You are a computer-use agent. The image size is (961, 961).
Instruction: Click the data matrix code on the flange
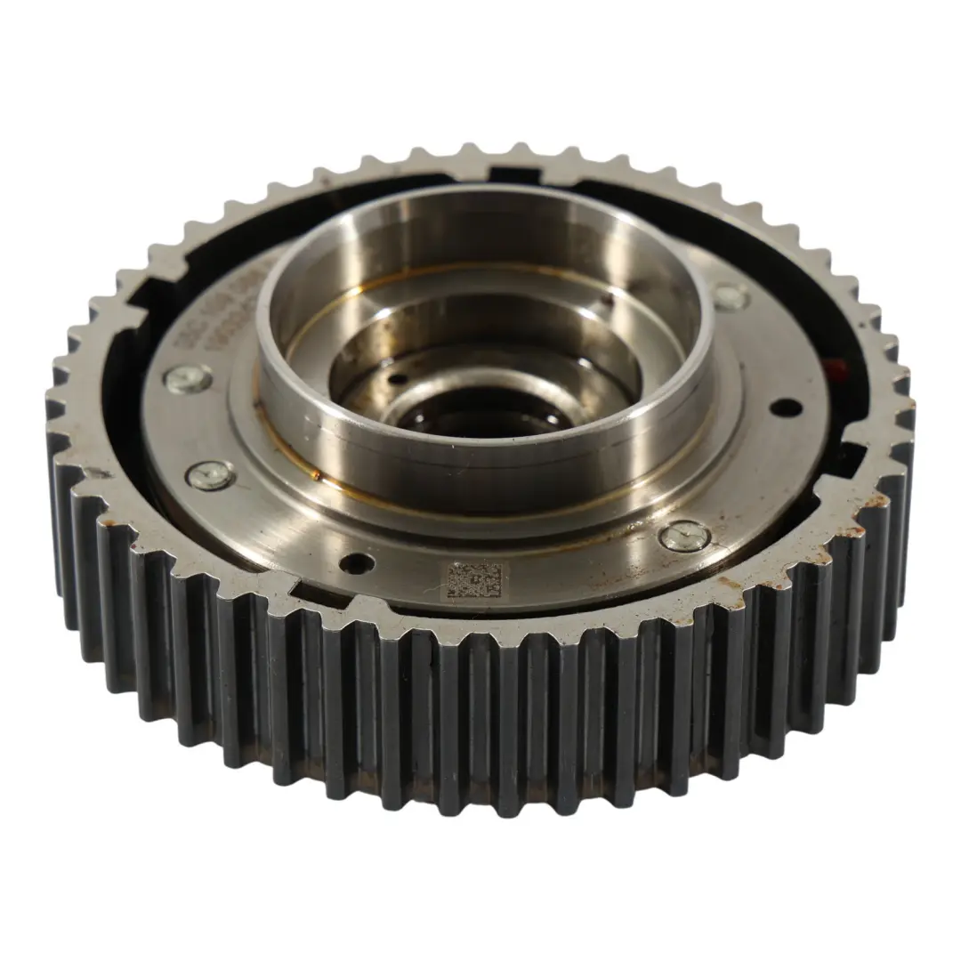tap(472, 579)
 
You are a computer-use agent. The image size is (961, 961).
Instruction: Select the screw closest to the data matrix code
tap(685, 535)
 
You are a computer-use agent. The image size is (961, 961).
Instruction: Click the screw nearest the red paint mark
tap(731, 296)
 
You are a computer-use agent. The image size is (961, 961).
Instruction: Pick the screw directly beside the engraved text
tap(188, 378)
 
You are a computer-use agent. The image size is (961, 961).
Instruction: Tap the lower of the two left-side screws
tap(210, 475)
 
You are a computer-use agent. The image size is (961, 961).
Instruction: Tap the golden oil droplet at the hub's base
tap(315, 475)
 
